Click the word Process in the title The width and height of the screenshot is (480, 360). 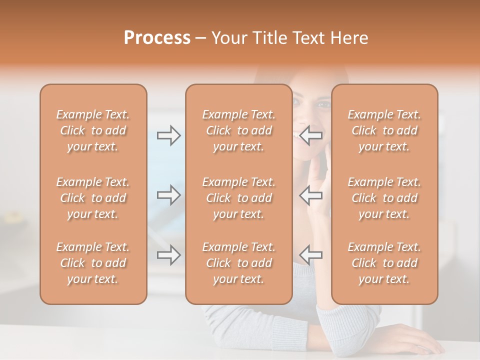tap(157, 38)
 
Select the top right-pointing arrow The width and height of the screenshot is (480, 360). tap(169, 135)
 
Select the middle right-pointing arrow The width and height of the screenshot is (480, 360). tap(169, 194)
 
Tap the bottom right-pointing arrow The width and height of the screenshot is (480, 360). tap(169, 255)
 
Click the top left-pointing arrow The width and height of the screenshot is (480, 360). tap(310, 135)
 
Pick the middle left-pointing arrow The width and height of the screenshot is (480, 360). tap(310, 194)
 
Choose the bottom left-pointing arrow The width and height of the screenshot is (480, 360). tap(310, 255)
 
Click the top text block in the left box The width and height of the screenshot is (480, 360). tap(93, 130)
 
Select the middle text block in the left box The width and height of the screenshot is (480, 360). tap(93, 198)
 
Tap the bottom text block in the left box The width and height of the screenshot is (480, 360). tap(93, 263)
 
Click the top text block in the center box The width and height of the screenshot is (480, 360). tap(238, 130)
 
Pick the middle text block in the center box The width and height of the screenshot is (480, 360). tap(238, 198)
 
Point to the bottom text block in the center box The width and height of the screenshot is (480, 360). tap(238, 263)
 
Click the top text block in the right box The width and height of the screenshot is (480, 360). tap(384, 130)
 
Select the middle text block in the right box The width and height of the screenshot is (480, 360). tap(384, 198)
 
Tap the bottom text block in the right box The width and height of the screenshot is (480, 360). tap(384, 263)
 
